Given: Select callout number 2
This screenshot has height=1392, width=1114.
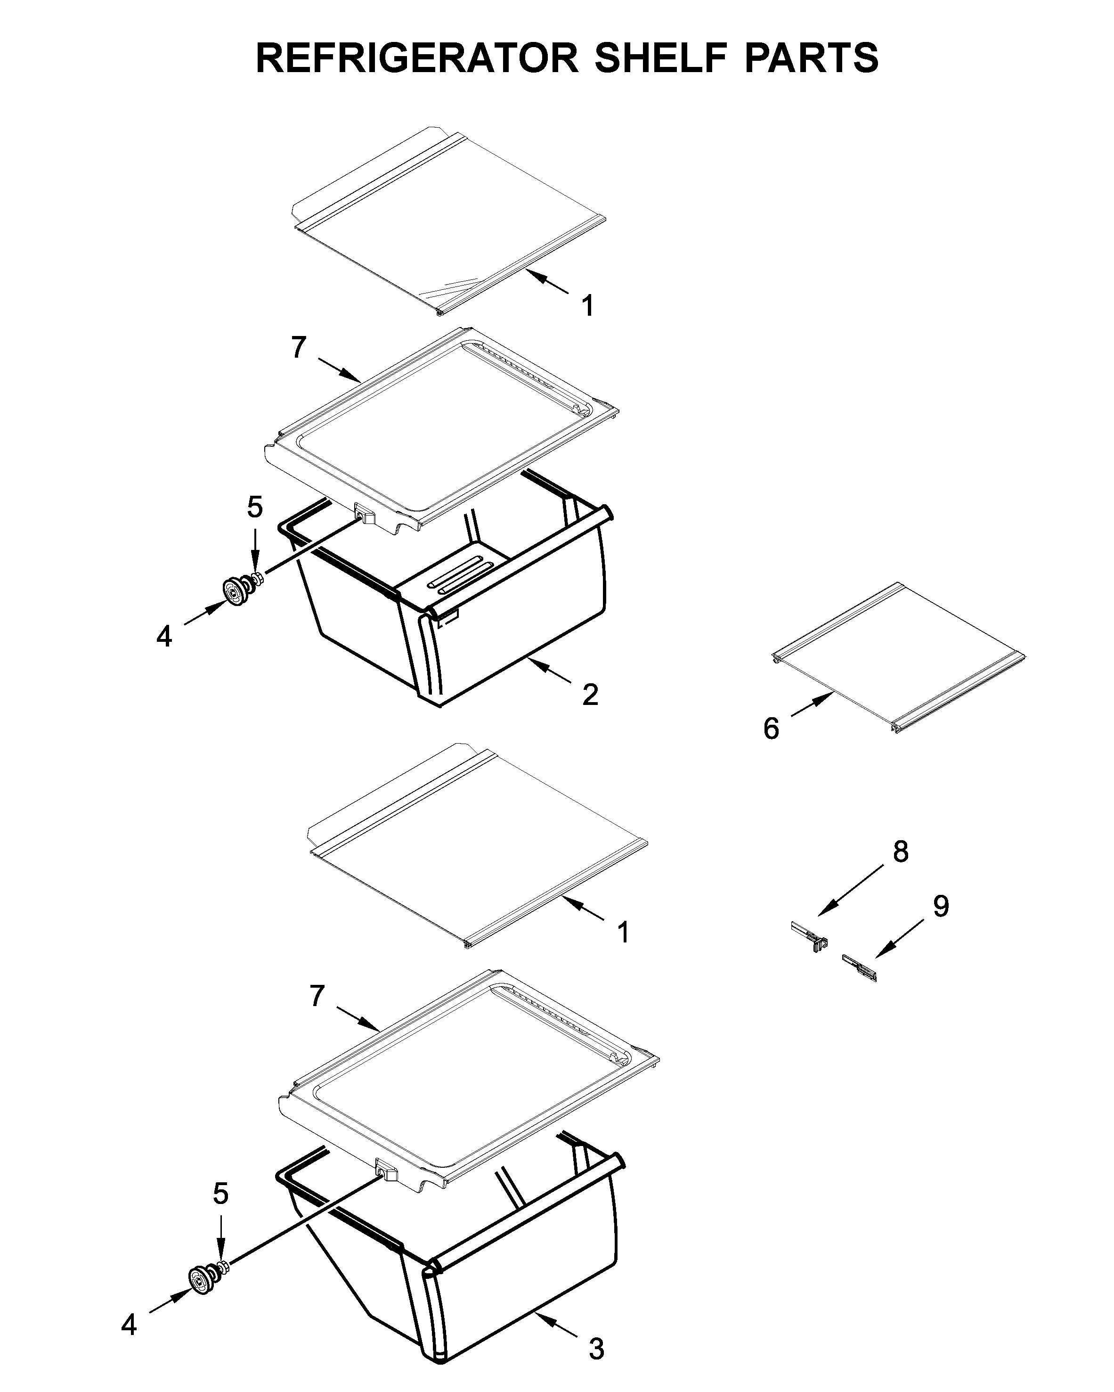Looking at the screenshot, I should [590, 695].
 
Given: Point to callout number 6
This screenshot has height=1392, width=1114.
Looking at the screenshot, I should [771, 729].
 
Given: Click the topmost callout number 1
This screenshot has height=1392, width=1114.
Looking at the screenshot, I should [587, 305].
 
